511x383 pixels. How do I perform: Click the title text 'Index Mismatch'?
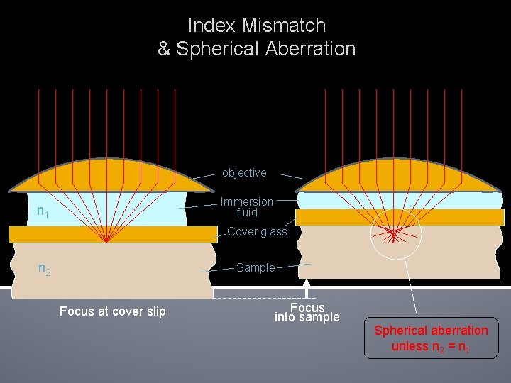coord(256,26)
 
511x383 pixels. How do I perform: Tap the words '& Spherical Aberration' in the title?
coord(256,49)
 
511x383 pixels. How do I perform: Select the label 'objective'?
coord(244,173)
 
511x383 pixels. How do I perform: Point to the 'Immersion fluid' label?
coord(246,207)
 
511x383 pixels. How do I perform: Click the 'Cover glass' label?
coord(257,231)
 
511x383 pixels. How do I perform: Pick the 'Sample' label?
coord(255,267)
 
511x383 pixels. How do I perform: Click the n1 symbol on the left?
coord(43,211)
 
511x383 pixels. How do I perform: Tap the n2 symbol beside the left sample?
coord(44,270)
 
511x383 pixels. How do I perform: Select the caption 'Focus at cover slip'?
coord(113,311)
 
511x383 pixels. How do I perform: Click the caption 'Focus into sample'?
coord(307,312)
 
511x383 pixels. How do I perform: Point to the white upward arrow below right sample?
coord(307,288)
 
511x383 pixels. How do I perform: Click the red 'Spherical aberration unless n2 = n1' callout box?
coord(431,338)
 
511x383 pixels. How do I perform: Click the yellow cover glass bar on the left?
coord(113,234)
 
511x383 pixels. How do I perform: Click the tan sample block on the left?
coord(113,270)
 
